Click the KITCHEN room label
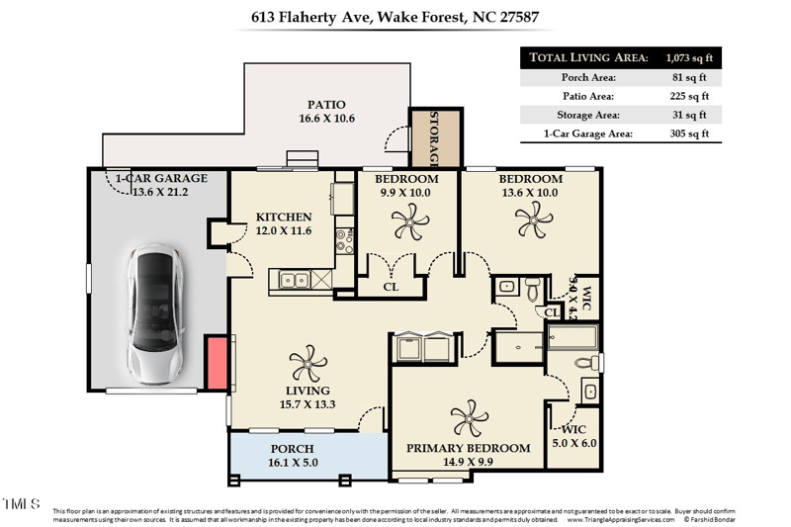point(284,217)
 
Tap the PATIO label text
point(325,104)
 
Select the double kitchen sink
point(294,280)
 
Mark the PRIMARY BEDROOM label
point(469,448)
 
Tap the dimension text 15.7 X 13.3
point(307,403)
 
